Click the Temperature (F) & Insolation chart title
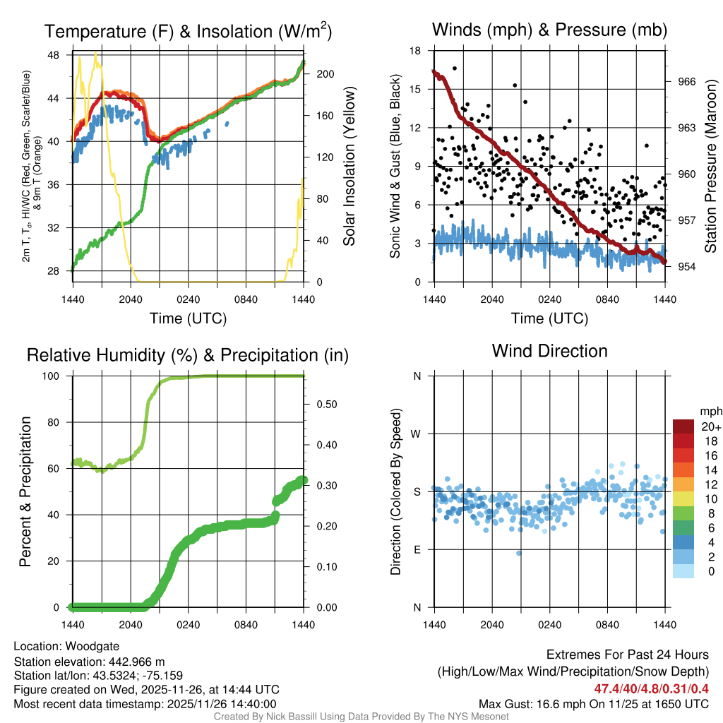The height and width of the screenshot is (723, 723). (188, 32)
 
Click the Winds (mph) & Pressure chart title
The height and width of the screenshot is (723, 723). (549, 30)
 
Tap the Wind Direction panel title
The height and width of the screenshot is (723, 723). (549, 351)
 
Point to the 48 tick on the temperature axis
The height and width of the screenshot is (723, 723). (62, 55)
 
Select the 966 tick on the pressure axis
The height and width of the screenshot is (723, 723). (679, 82)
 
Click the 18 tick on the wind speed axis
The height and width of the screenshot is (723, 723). (416, 51)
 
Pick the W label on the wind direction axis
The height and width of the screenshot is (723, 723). (417, 434)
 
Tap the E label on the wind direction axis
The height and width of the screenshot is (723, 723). (417, 549)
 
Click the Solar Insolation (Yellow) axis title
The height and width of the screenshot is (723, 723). (349, 167)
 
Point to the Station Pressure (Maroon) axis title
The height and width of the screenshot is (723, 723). (711, 167)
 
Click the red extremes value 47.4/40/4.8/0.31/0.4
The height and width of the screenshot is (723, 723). (651, 688)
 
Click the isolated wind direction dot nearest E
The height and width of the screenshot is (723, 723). (519, 553)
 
